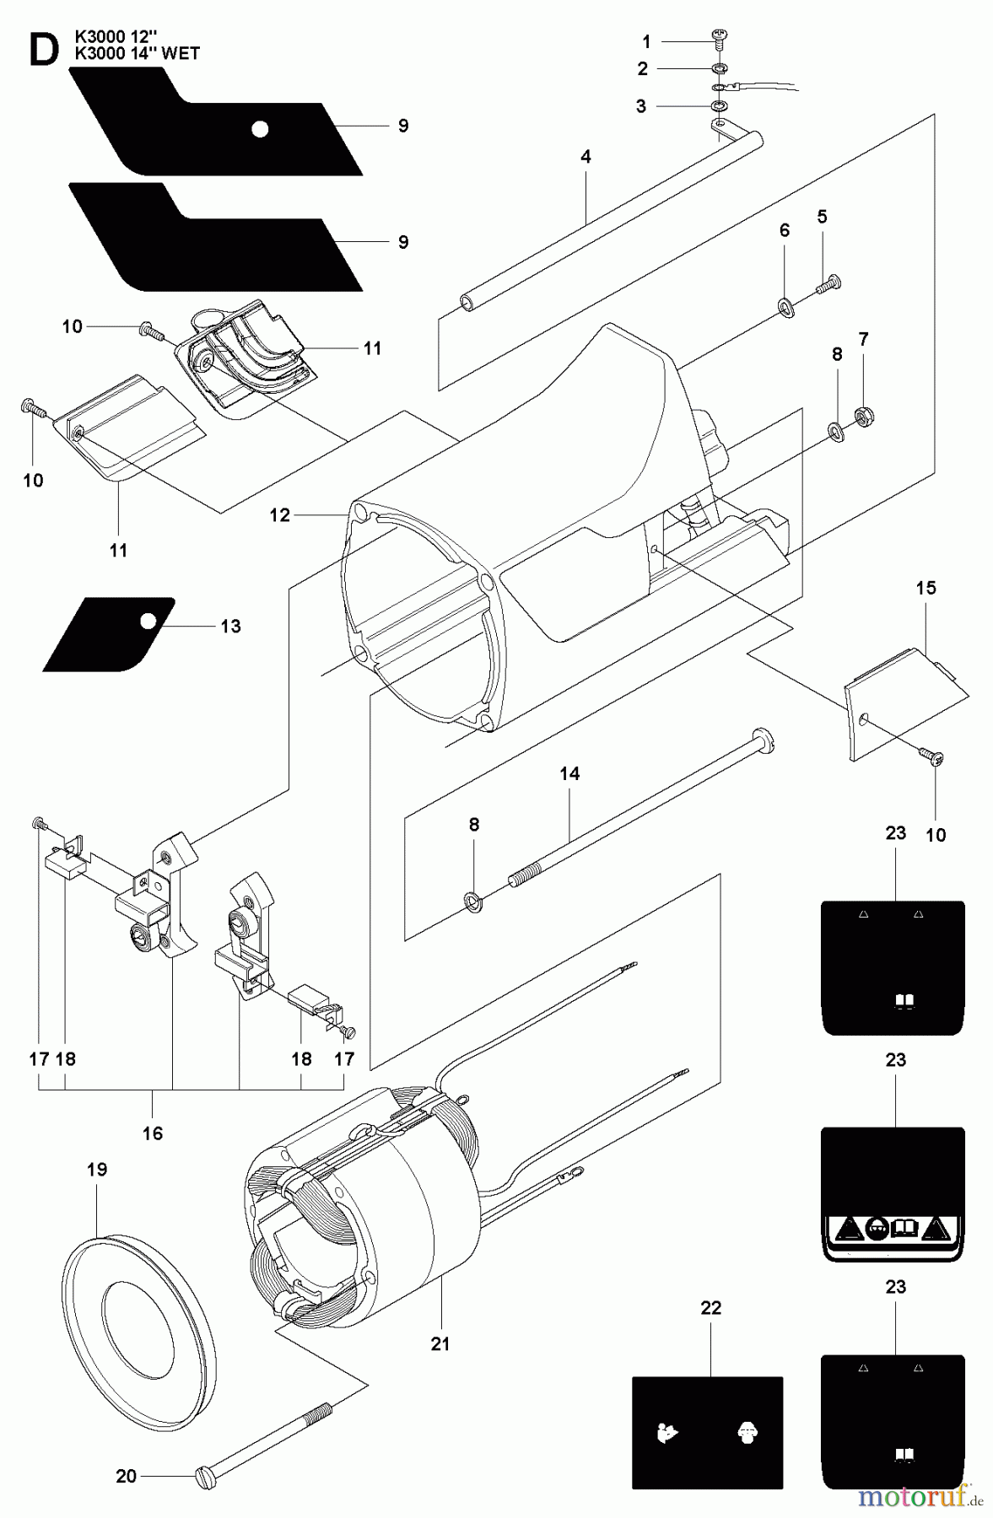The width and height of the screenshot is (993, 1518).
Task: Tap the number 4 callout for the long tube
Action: point(586,156)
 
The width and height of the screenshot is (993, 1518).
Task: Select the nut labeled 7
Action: point(863,414)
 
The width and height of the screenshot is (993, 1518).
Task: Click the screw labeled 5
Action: point(828,285)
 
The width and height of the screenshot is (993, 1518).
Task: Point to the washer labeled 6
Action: point(785,305)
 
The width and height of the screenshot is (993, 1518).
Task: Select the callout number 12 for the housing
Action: point(280,514)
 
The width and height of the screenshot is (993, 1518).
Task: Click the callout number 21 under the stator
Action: point(440,1343)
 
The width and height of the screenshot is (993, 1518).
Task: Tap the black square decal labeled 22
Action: point(707,1432)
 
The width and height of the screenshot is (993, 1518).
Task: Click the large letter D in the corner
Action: point(42,51)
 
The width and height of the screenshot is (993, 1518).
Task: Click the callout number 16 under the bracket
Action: point(153,1133)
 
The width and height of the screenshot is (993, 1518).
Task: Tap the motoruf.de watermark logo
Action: point(919,1497)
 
